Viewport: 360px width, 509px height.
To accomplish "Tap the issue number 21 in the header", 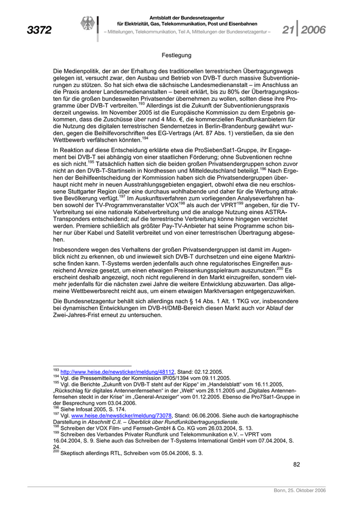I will click(289, 30).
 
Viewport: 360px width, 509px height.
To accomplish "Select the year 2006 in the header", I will click(313, 30).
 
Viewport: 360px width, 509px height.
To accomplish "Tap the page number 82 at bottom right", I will click(296, 464).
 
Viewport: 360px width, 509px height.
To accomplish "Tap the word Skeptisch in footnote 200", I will click(75, 453).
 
